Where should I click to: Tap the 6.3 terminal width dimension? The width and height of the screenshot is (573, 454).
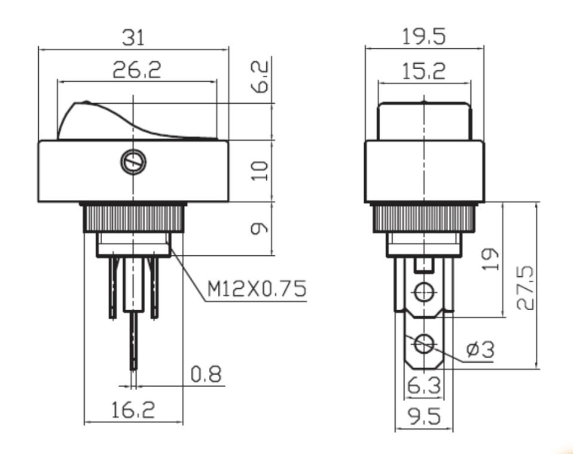pyautogui.click(x=424, y=388)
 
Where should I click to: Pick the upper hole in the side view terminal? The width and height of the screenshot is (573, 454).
pyautogui.click(x=424, y=292)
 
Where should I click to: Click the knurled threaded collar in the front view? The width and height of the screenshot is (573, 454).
pyautogui.click(x=133, y=218)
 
